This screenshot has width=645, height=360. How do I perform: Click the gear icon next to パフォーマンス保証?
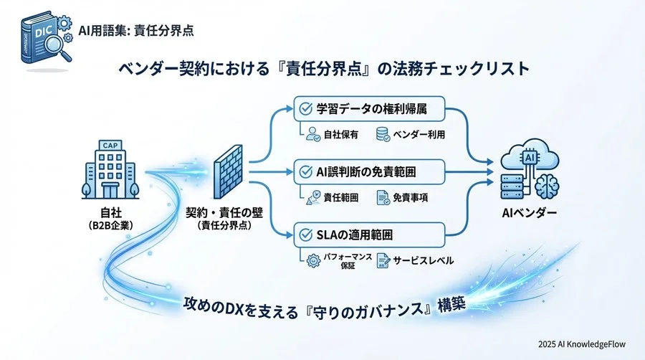[x=312, y=260]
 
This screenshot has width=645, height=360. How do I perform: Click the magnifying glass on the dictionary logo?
[x=49, y=46]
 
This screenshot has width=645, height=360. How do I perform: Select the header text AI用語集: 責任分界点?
[x=137, y=31]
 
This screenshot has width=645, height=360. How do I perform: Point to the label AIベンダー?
[x=530, y=213]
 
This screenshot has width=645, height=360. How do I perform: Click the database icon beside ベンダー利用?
[x=383, y=134]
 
